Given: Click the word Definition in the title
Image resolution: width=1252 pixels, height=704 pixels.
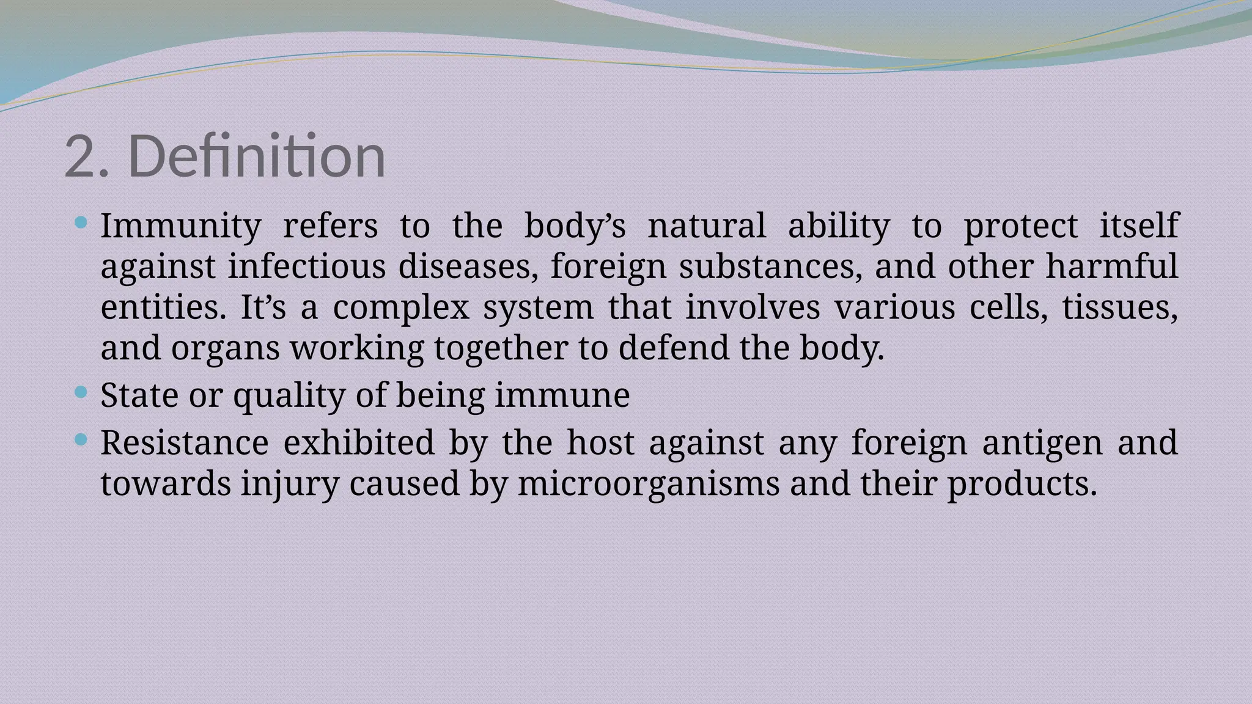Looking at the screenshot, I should tap(257, 156).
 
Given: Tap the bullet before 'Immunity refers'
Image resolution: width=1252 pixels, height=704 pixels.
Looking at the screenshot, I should tap(80, 222).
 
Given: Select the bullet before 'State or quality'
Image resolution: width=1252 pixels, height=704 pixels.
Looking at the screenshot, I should tap(80, 392).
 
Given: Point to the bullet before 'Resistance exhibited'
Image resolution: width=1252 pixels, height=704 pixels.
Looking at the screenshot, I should tap(80, 439).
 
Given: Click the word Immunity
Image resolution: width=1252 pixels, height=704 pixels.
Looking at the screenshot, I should tap(181, 226).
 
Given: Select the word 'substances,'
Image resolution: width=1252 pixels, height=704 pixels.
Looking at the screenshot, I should tap(771, 266).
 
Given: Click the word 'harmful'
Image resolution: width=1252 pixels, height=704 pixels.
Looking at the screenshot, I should tap(1111, 266).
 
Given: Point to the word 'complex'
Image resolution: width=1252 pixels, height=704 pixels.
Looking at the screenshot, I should tap(401, 307).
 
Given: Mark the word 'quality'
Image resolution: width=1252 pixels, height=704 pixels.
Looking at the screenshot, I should tap(289, 395).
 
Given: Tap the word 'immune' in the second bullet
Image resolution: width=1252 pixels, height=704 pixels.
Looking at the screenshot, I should tap(562, 395).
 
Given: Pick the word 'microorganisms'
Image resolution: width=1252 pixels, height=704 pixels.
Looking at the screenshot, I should tap(649, 483).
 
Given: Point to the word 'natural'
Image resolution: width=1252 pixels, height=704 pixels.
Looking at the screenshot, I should tap(707, 226).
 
